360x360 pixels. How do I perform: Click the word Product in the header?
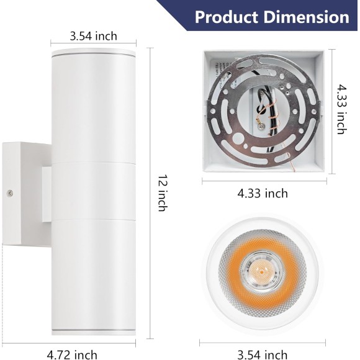coord(227,17)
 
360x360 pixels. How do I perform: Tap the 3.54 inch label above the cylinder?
coord(94,36)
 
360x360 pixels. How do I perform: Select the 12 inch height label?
coord(163,193)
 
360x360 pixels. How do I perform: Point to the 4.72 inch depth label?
coord(72,354)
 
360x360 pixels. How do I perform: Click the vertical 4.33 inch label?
coord(341,109)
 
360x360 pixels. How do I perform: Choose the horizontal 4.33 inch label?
coord(263,193)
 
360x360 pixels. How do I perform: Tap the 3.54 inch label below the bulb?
coord(262,354)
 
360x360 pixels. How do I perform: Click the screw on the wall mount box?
coord(9,193)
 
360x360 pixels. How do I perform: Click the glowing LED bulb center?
coord(262,271)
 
